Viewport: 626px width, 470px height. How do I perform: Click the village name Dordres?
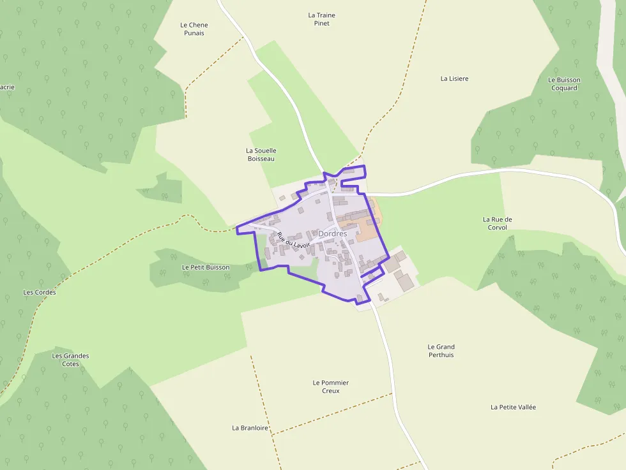(332, 234)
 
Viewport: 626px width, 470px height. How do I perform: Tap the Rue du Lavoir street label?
(293, 240)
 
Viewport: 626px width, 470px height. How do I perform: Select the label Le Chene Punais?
(194, 29)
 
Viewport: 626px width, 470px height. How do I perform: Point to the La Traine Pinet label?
(321, 19)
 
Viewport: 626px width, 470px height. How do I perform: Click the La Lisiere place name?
(454, 78)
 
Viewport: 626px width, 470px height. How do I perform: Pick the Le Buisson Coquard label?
(564, 84)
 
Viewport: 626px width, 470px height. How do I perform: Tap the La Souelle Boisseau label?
(261, 154)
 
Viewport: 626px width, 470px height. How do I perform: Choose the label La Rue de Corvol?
(497, 223)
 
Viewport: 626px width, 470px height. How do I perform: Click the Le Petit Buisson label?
(205, 267)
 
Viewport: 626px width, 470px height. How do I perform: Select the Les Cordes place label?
(40, 292)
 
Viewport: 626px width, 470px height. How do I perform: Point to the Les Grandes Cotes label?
(70, 360)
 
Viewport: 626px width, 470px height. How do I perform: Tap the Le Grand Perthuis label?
(441, 351)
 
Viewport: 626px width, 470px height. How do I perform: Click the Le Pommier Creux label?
(330, 386)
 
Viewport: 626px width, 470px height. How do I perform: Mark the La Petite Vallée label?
(513, 407)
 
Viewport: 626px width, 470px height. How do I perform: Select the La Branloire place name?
(250, 428)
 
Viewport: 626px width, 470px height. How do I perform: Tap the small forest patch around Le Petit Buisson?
(172, 277)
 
